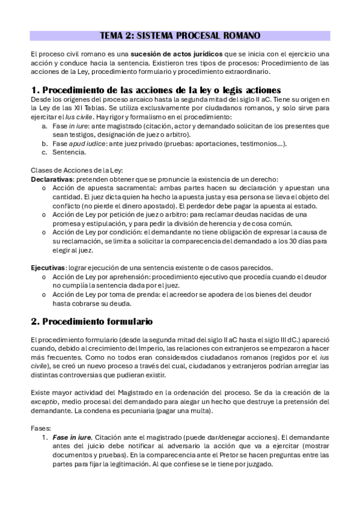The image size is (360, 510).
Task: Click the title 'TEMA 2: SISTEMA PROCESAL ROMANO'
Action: [x=180, y=35]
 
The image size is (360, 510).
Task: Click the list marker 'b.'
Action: [x=44, y=143]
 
